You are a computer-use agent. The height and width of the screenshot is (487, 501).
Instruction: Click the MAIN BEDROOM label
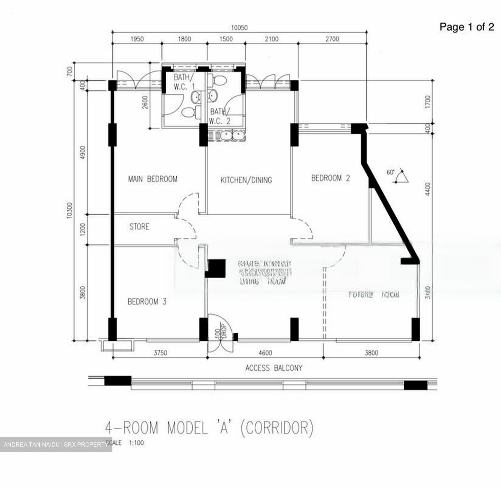coord(153,179)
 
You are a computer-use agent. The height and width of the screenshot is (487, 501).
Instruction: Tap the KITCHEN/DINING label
coord(246,180)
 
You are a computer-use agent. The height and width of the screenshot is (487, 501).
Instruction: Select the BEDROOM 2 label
coord(330,178)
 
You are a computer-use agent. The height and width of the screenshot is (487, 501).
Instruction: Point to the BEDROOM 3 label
coord(147,302)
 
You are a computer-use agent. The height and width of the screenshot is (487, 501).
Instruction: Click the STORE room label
coord(139,227)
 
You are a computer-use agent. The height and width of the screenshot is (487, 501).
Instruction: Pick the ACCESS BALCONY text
coord(273,368)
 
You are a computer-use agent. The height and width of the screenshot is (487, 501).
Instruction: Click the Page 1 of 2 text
coord(466,27)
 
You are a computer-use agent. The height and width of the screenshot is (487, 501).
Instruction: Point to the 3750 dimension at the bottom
coord(160,353)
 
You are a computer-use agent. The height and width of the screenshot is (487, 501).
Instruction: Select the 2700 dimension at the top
coord(332,39)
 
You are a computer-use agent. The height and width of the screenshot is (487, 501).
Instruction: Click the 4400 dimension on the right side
coord(428,189)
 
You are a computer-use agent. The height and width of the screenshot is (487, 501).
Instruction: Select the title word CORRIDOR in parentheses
coord(277,428)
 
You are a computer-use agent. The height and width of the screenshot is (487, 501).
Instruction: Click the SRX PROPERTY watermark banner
coord(56,445)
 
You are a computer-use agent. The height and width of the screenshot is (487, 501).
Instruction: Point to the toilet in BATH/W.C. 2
coord(220,80)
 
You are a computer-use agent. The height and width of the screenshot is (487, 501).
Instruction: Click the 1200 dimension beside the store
coord(82,229)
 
